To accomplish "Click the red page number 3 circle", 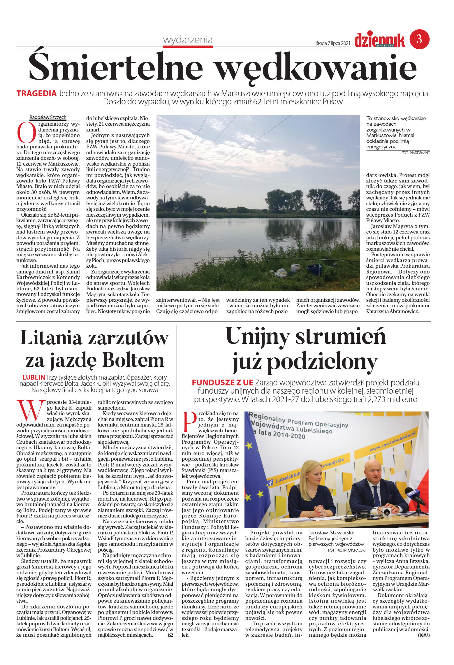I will (419, 39).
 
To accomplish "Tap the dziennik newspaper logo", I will (379, 40).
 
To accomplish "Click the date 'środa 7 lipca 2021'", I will (333, 43).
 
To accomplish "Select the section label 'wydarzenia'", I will (188, 40).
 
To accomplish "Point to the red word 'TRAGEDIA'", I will (36, 94).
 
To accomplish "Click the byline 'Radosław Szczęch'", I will (48, 117).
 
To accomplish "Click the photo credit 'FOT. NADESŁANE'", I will (415, 152).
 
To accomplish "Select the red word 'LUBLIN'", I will (34, 377).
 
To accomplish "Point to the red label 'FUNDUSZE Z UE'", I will (222, 382).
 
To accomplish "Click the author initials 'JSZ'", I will (170, 635).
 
